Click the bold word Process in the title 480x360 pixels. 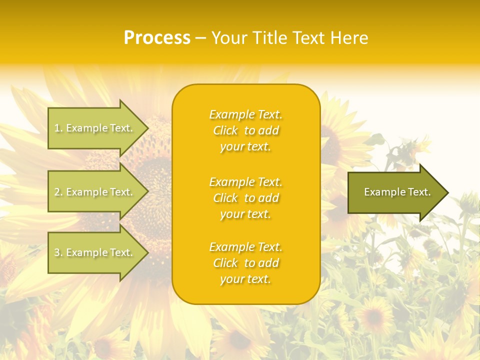pyautogui.click(x=157, y=38)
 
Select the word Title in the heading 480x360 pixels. pyautogui.click(x=270, y=38)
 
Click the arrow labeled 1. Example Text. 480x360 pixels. pyautogui.click(x=95, y=128)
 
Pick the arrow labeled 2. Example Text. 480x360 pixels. pyautogui.click(x=95, y=192)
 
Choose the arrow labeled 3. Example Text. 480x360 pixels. pyautogui.click(x=95, y=252)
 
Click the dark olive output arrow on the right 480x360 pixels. pyautogui.click(x=395, y=192)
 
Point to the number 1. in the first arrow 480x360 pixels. pyautogui.click(x=58, y=128)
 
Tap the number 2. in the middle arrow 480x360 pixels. pyautogui.click(x=58, y=192)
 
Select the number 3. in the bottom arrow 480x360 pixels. pyautogui.click(x=58, y=252)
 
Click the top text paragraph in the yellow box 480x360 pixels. pyautogui.click(x=245, y=130)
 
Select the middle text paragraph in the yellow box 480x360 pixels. pyautogui.click(x=245, y=198)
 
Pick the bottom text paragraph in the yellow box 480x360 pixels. pyautogui.click(x=245, y=263)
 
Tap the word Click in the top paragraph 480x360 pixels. pyautogui.click(x=225, y=131)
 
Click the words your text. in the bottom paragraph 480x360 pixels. pyautogui.click(x=245, y=279)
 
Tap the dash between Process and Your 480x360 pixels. pyautogui.click(x=200, y=38)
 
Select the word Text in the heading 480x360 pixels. pyautogui.click(x=308, y=38)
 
